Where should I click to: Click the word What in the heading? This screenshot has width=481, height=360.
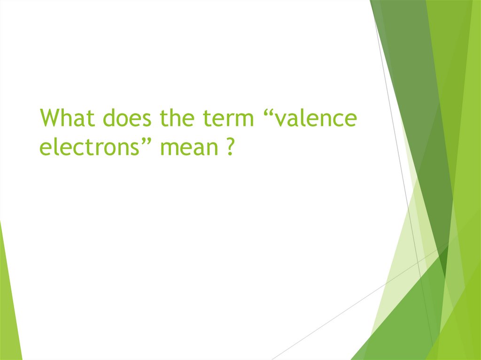(68, 118)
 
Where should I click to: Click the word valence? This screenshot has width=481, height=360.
(316, 119)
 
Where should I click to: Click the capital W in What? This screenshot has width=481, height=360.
(51, 118)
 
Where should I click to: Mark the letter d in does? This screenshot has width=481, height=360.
(110, 118)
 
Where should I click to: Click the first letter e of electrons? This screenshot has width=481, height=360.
(46, 149)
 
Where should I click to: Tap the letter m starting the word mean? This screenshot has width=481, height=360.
(169, 149)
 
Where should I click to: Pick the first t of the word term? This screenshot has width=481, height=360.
(206, 119)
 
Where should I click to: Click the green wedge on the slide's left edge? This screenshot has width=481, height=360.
(8, 305)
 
